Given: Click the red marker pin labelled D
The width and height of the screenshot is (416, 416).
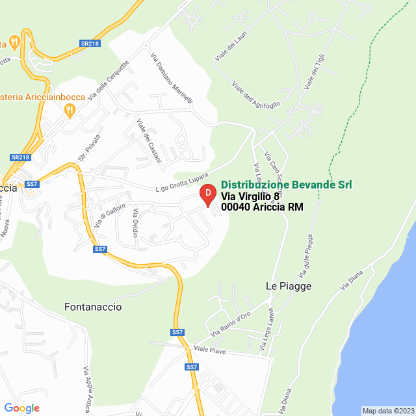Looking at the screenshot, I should point(207,194).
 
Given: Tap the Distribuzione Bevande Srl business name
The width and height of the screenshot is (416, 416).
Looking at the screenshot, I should point(287,185).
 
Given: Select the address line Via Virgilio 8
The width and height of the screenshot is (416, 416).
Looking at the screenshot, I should point(250,196).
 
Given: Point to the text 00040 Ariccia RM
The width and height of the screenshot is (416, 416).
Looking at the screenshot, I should point(262,207).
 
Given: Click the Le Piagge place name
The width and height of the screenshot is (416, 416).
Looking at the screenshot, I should point(289,286).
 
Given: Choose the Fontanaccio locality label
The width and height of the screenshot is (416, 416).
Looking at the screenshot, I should point(93,306).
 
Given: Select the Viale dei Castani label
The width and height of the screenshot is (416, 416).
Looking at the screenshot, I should point(147,135).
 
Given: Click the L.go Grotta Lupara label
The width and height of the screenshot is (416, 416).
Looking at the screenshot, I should point(182,182).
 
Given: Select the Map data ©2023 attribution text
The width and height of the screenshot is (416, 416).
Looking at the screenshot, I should point(387,411).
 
